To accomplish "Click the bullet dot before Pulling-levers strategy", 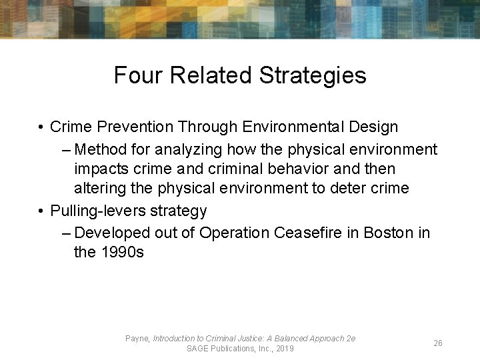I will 41,211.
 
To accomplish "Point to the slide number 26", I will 438,343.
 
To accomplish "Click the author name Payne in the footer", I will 137,339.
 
